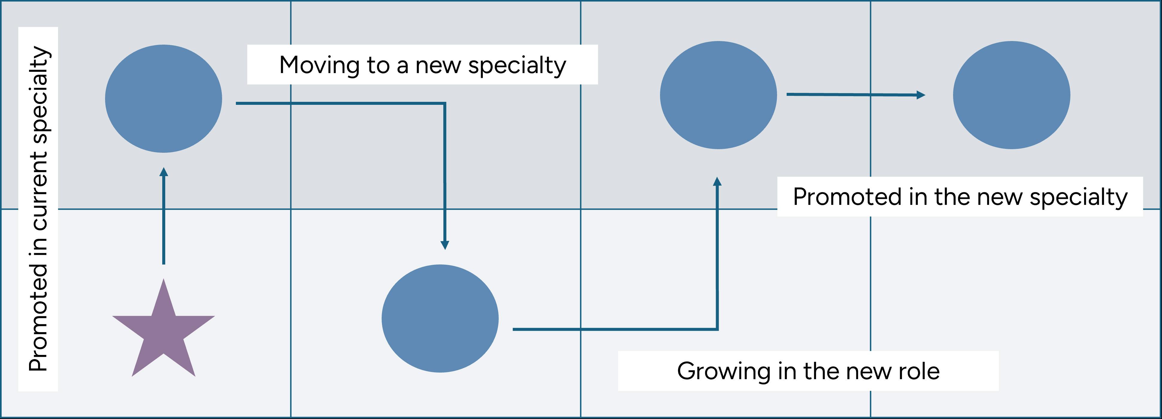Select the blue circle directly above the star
(163, 99)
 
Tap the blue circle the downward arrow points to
(440, 318)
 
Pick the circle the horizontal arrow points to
(1011, 95)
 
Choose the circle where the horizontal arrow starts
(718, 95)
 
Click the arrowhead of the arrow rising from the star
(164, 172)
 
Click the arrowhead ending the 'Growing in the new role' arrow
(717, 181)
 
